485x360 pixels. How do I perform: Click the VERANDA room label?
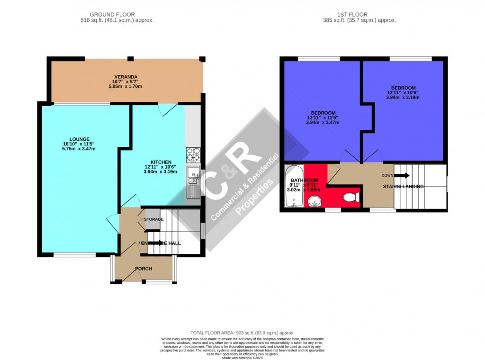click(126, 77)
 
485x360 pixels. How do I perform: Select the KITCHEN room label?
click(161, 162)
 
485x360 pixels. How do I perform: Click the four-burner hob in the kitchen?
click(193, 154)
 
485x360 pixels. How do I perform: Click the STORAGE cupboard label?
click(154, 219)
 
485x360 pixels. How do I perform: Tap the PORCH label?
click(144, 269)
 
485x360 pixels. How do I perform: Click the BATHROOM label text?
click(304, 180)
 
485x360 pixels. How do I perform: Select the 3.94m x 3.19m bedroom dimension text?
click(403, 98)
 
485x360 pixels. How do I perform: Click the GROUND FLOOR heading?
click(117, 15)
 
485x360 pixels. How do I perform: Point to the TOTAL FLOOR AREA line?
click(242, 333)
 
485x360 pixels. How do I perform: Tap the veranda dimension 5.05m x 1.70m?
click(126, 87)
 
